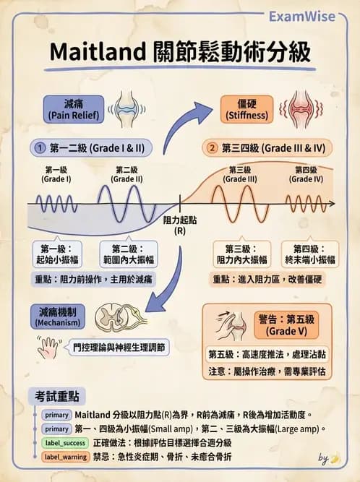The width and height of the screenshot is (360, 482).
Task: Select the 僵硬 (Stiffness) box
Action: point(247,109)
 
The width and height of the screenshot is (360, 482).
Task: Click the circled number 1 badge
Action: point(40,147)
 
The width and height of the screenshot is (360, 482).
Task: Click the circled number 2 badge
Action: point(211,147)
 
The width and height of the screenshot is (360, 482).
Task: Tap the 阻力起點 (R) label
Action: point(179,225)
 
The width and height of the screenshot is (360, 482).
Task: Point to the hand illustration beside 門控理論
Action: point(49,348)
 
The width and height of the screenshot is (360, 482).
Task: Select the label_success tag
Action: point(66,442)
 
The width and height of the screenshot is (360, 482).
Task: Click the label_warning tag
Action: point(66,457)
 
